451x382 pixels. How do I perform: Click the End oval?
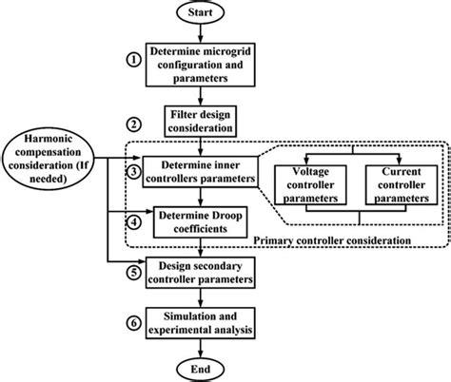coord(200,367)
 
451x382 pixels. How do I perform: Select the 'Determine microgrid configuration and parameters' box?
coord(200,63)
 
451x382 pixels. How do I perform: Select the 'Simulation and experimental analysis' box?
coord(200,326)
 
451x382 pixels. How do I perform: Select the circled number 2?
coord(134,125)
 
